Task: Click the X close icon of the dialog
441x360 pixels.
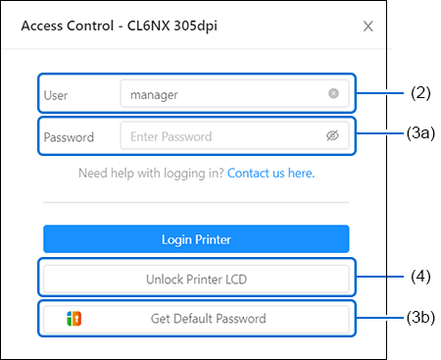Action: pyautogui.click(x=368, y=26)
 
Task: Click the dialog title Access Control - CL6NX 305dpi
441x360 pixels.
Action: pyautogui.click(x=120, y=26)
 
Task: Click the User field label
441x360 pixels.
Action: pyautogui.click(x=56, y=95)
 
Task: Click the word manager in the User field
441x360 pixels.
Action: pyautogui.click(x=154, y=95)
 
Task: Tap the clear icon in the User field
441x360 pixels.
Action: pyautogui.click(x=333, y=93)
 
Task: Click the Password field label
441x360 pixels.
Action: pyautogui.click(x=69, y=137)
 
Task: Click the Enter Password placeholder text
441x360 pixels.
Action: pyautogui.click(x=171, y=136)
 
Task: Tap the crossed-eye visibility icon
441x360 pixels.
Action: pyautogui.click(x=332, y=135)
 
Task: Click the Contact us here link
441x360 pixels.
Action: pyautogui.click(x=270, y=173)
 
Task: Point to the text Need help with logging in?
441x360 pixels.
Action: pyautogui.click(x=151, y=173)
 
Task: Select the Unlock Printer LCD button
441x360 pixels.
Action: pyautogui.click(x=196, y=279)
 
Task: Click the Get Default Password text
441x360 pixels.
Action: pyautogui.click(x=209, y=319)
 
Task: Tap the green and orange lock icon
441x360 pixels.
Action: pyautogui.click(x=74, y=319)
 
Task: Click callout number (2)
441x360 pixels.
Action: pyautogui.click(x=420, y=93)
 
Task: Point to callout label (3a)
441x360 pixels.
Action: pyautogui.click(x=420, y=133)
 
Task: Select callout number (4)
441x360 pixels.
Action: pyautogui.click(x=420, y=277)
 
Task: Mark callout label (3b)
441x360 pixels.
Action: pyautogui.click(x=420, y=318)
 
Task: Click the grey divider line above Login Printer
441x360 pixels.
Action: pyautogui.click(x=196, y=202)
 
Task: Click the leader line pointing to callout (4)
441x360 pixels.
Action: pyautogui.click(x=379, y=277)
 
